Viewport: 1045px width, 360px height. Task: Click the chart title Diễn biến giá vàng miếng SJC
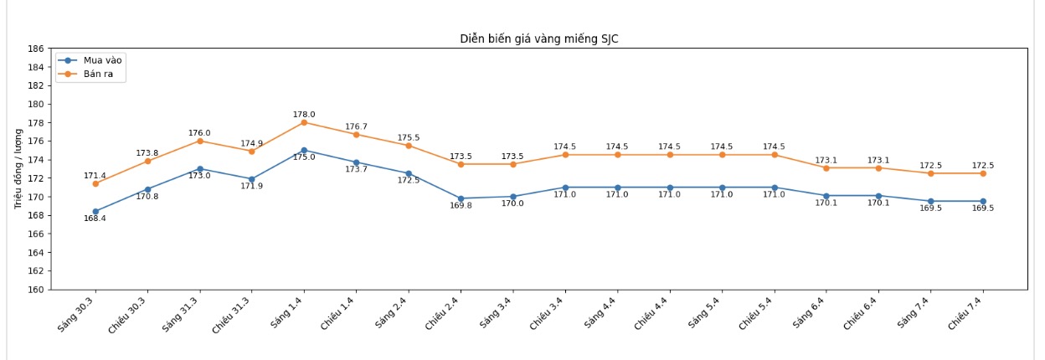(x=539, y=39)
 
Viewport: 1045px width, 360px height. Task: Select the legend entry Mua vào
(x=102, y=60)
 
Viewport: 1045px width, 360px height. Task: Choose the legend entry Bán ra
(x=98, y=75)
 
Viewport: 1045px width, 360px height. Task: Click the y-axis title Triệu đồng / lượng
(x=18, y=168)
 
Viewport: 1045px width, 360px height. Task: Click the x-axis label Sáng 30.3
(x=76, y=315)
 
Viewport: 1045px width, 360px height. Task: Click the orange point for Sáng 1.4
(x=304, y=122)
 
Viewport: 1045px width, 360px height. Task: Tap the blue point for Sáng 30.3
(x=95, y=212)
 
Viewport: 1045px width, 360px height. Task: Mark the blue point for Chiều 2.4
(x=461, y=198)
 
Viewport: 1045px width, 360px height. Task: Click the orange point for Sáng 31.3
(x=199, y=141)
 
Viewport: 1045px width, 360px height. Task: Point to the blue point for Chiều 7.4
(x=983, y=202)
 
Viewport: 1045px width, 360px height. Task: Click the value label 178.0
(x=304, y=115)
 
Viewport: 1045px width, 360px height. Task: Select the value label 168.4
(x=95, y=219)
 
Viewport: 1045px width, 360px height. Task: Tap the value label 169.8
(x=461, y=206)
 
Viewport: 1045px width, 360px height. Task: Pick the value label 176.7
(x=356, y=127)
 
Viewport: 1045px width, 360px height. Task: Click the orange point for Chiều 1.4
(x=356, y=135)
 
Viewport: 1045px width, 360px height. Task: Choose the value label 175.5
(x=409, y=138)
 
